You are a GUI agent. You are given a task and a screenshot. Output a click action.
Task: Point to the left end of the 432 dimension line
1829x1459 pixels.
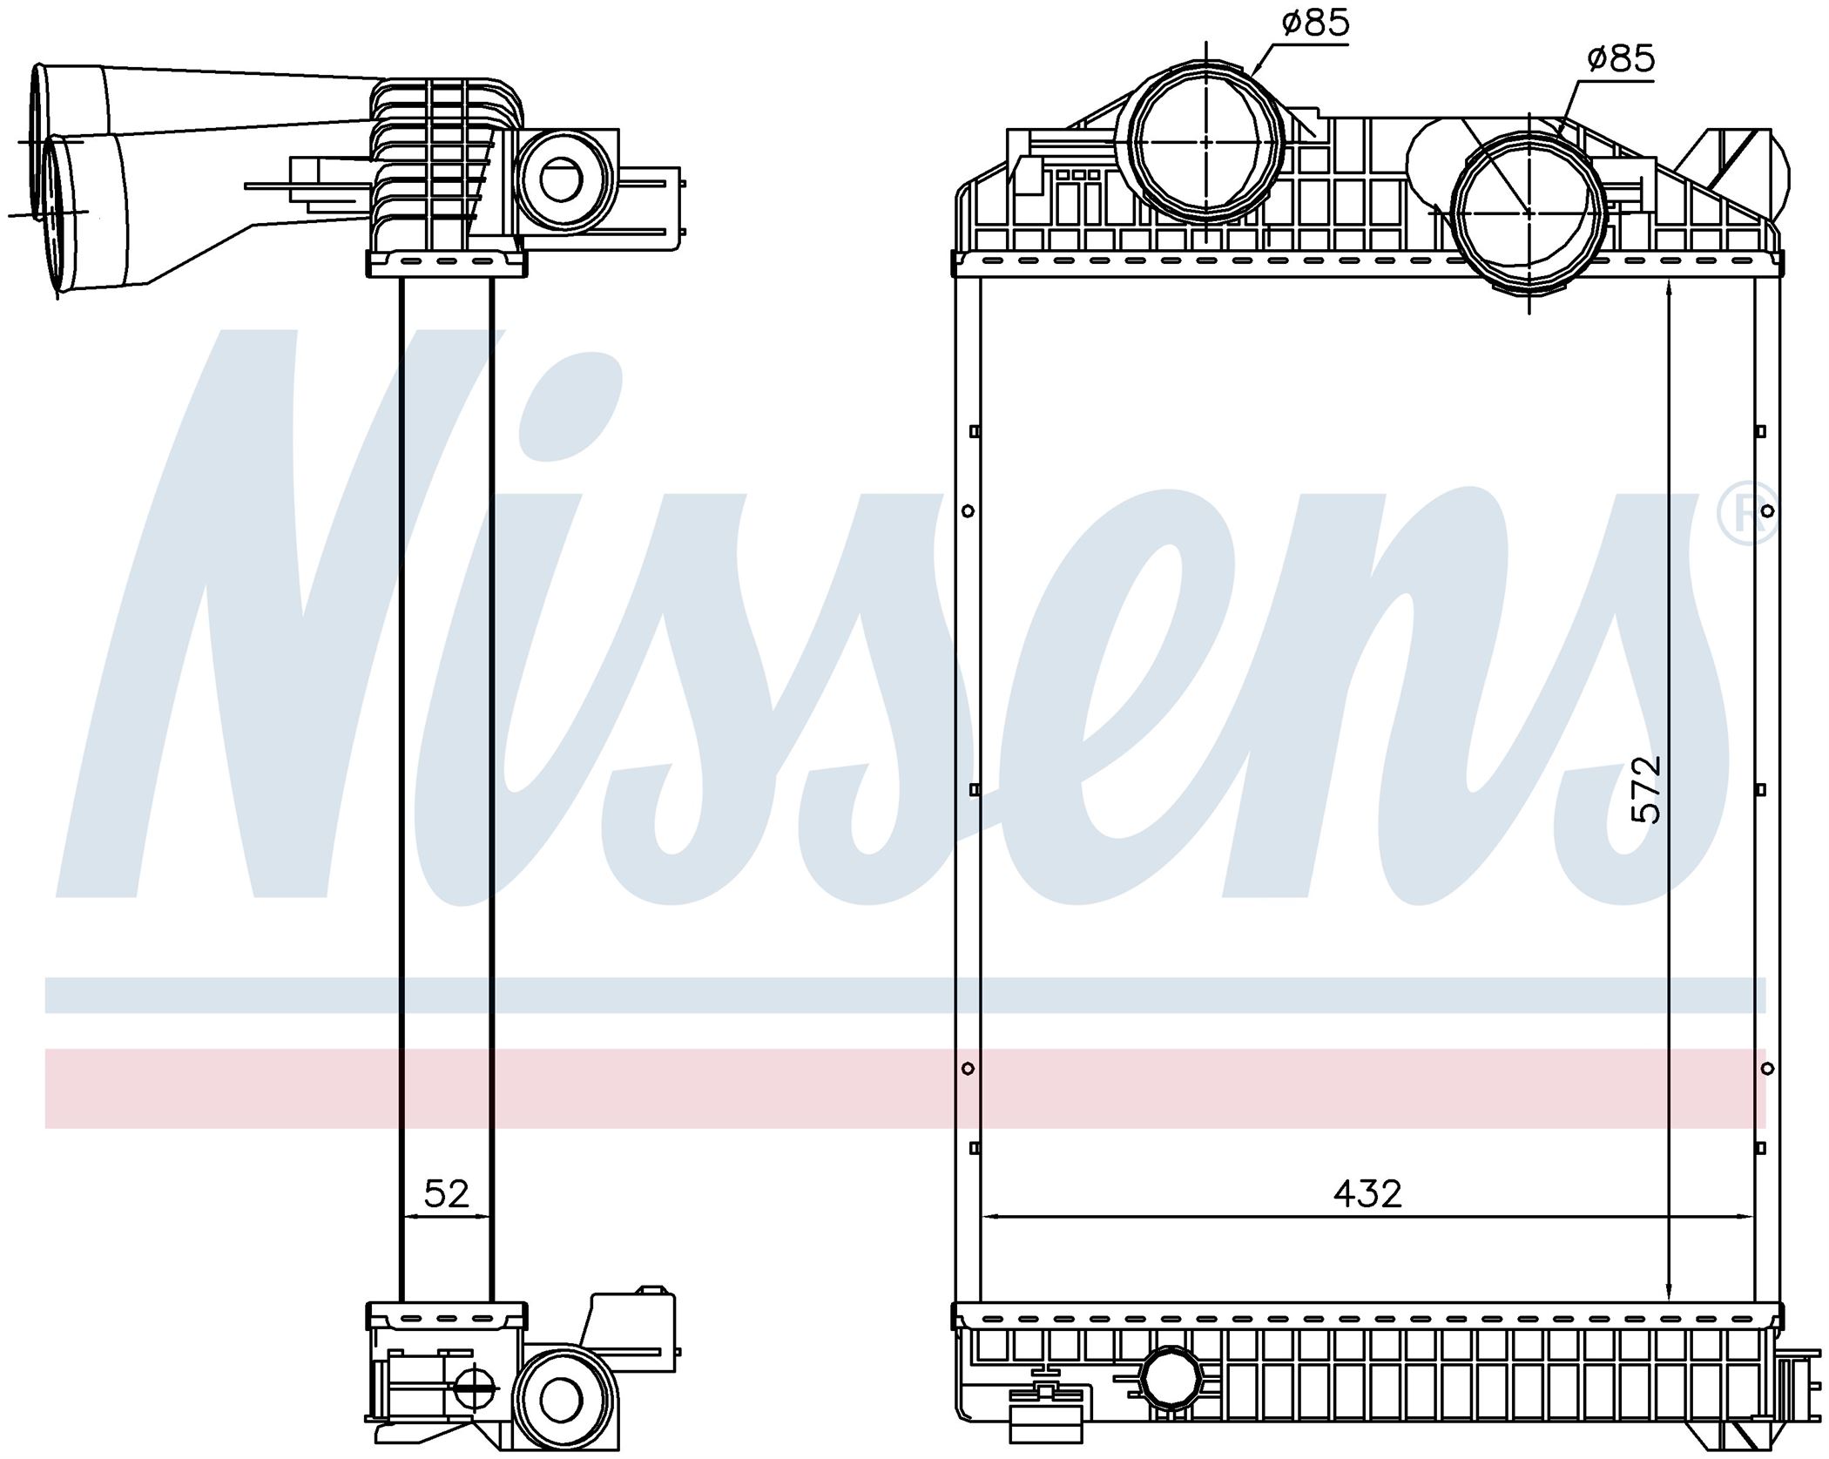(x=982, y=1217)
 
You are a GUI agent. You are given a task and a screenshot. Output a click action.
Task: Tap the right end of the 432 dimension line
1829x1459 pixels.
(x=1753, y=1217)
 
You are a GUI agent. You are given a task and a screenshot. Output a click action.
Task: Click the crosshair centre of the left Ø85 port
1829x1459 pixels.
(x=1206, y=139)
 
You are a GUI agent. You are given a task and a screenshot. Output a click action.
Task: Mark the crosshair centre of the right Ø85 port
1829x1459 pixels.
(x=1531, y=212)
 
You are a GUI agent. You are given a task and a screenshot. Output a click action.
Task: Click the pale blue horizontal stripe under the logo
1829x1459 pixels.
(x=906, y=995)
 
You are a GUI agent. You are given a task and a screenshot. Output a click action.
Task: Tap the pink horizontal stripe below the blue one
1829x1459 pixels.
(x=906, y=1089)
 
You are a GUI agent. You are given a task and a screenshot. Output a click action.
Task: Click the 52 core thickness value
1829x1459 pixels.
(x=447, y=1192)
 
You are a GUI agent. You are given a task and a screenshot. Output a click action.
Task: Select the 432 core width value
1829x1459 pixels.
(x=1367, y=1192)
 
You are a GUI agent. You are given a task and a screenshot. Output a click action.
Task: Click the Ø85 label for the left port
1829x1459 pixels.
(x=1315, y=23)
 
